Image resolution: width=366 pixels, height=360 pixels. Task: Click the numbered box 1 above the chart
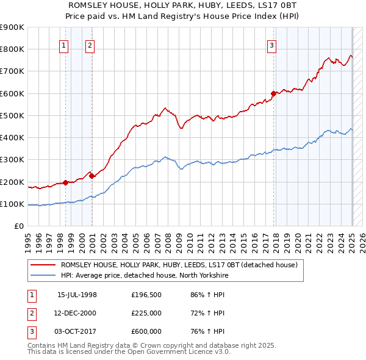(x=64, y=44)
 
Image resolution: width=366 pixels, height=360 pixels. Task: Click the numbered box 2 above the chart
(x=90, y=44)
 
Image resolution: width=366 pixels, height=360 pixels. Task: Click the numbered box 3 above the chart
(x=271, y=44)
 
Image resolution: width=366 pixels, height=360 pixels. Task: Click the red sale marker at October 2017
(x=273, y=93)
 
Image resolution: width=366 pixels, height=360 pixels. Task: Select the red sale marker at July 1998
(x=65, y=182)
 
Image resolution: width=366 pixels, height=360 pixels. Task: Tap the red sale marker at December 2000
(x=91, y=176)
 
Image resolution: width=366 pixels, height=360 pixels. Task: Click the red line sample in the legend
(x=43, y=265)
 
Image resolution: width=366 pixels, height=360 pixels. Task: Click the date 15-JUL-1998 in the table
(x=77, y=294)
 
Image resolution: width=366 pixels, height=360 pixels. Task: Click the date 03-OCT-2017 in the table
(x=77, y=331)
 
